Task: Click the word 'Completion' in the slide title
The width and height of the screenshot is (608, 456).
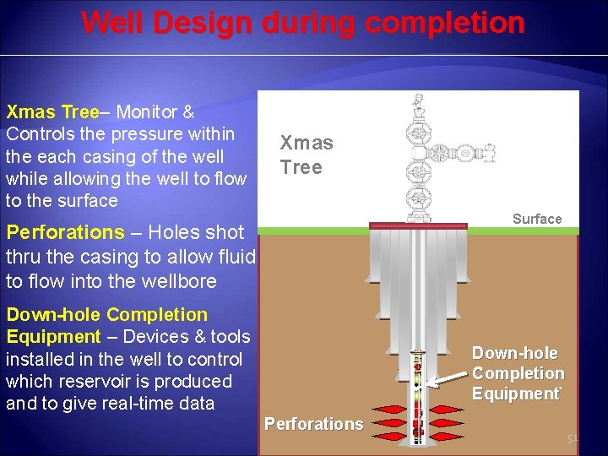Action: [x=453, y=23]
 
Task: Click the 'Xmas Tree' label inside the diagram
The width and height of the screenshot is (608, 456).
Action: [x=306, y=155]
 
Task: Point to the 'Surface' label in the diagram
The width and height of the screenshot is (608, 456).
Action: [x=536, y=219]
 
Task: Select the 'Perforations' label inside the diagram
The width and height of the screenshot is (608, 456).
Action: [x=313, y=424]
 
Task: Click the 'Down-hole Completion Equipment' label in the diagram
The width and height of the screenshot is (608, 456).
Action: [x=518, y=373]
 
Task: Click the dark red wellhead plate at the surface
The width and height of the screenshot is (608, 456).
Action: [x=417, y=226]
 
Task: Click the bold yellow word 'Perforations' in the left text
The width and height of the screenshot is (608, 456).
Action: [x=64, y=232]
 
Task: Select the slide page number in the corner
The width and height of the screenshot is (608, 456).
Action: [x=573, y=439]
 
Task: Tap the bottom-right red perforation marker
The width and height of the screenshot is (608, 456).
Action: [x=451, y=436]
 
